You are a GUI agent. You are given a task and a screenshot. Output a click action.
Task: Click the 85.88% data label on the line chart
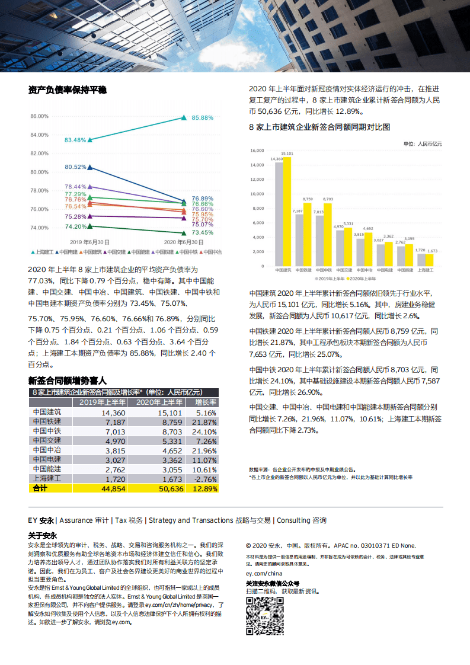[x=203, y=118]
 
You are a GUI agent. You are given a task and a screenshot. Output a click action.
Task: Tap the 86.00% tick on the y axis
[x=39, y=116]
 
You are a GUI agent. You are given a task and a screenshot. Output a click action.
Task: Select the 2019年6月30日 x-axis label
[x=89, y=242]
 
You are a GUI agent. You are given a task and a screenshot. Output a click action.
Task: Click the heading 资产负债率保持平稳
[x=68, y=90]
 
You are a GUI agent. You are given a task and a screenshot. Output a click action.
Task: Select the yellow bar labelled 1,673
[x=429, y=260]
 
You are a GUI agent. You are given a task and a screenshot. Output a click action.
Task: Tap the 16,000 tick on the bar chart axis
[x=257, y=151]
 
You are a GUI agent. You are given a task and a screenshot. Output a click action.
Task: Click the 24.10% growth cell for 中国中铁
[x=206, y=431]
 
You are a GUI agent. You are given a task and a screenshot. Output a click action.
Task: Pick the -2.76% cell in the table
[x=206, y=479]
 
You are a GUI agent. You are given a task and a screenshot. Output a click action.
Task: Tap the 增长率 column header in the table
[x=206, y=402]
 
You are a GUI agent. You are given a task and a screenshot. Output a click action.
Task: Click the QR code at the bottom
[x=265, y=616]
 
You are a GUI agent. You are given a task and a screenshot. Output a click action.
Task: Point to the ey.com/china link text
[x=264, y=574]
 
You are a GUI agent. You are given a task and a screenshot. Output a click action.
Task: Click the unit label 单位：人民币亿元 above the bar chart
[x=422, y=143]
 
